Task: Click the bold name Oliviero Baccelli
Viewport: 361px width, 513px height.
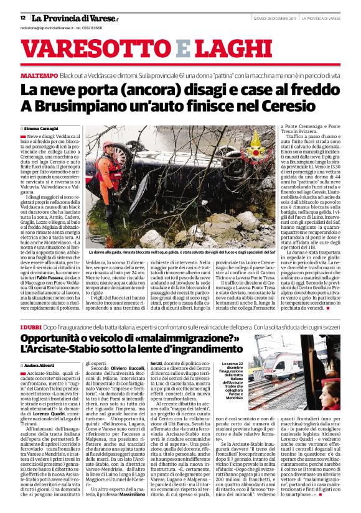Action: coord(129,368)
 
